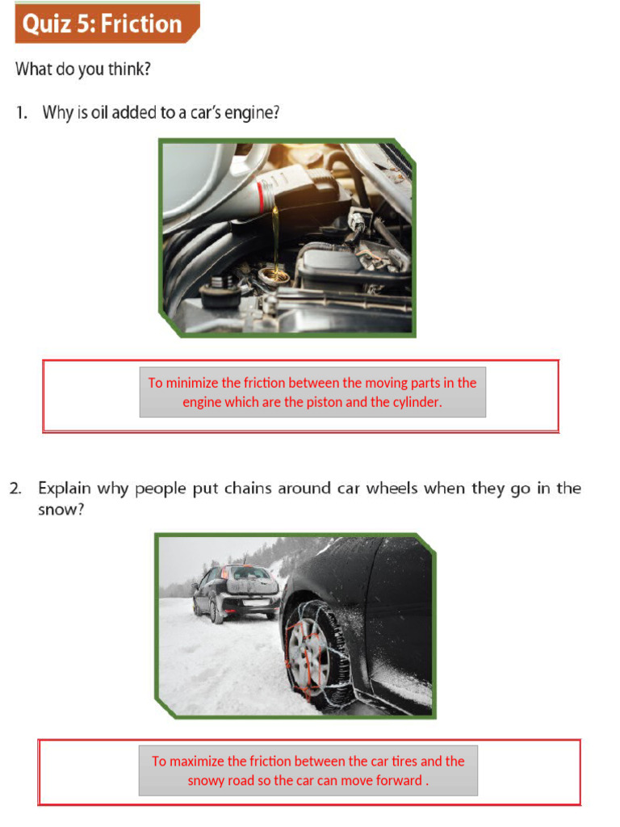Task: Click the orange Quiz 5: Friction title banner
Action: click(x=105, y=23)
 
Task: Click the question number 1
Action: click(x=21, y=113)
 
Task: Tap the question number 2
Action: click(x=15, y=489)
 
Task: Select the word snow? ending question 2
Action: click(x=61, y=510)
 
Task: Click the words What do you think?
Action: click(x=82, y=69)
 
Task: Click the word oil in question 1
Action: click(x=99, y=113)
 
